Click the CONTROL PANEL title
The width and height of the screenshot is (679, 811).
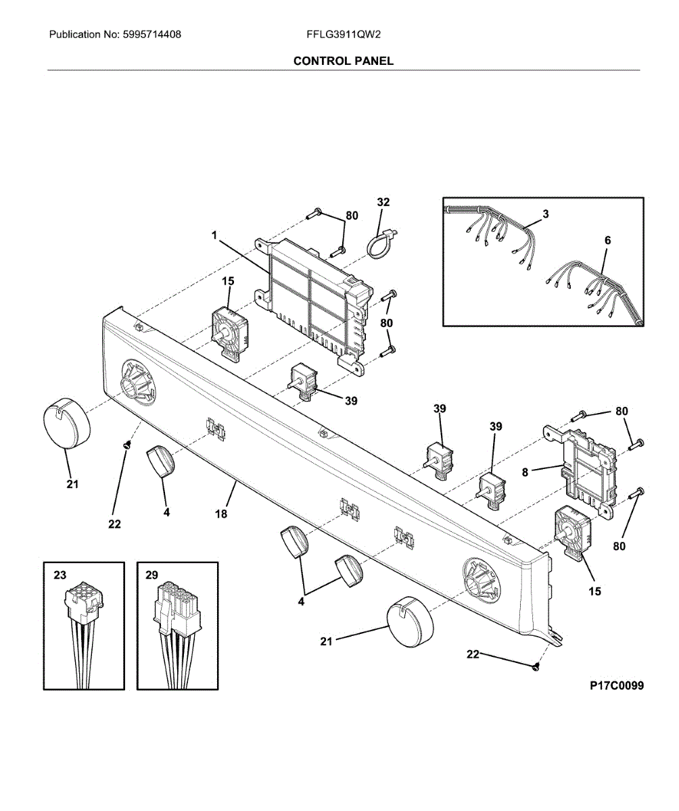[x=343, y=61]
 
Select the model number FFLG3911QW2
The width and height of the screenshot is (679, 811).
[x=343, y=34]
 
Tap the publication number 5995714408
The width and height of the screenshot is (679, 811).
[x=151, y=34]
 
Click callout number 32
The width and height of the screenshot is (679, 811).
[x=383, y=202]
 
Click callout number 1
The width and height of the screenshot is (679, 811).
[x=214, y=235]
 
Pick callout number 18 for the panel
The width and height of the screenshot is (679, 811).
[x=220, y=514]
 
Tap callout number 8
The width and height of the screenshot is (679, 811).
[x=525, y=472]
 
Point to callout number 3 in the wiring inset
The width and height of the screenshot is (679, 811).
[x=546, y=214]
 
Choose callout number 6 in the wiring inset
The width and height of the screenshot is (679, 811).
[x=607, y=241]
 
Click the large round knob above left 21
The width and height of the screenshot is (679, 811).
[x=66, y=423]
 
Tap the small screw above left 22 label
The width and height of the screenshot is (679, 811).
[x=126, y=446]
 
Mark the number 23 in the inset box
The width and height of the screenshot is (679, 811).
[x=60, y=575]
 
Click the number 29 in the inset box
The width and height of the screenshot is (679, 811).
[x=151, y=575]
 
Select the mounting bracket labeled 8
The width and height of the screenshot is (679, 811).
[x=579, y=471]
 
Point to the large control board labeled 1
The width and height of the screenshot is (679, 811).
[x=313, y=305]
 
